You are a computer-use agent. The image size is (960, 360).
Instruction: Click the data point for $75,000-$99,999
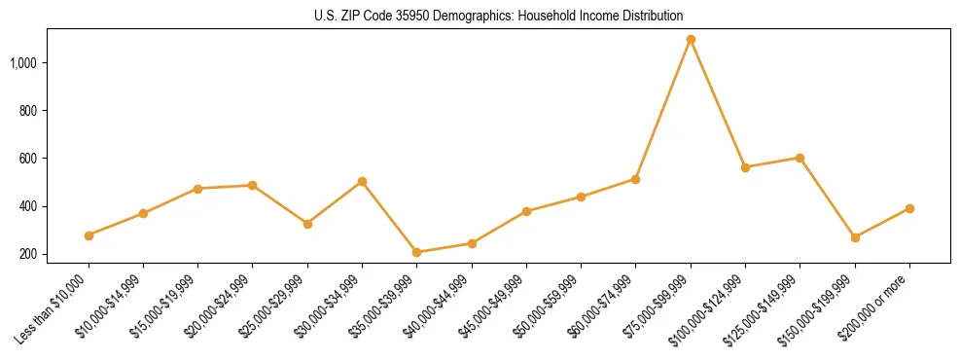[x=691, y=40]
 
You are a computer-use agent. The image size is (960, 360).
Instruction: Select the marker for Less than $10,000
[x=89, y=235]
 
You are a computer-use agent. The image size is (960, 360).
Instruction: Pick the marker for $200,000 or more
[x=909, y=208]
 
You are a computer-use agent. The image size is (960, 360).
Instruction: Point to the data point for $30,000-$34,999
[x=363, y=181]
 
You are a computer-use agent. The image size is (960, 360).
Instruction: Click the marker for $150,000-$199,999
[x=855, y=237]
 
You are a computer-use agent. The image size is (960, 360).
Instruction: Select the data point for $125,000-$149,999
[x=800, y=158]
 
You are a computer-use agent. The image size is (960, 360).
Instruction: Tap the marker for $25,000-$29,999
[x=308, y=224]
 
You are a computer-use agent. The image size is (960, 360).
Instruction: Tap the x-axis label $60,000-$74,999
[x=606, y=305]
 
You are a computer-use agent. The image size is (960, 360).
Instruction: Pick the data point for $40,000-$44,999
[x=472, y=243]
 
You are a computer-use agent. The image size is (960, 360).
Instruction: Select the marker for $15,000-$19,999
[x=198, y=189]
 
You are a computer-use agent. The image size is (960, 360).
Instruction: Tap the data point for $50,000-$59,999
[x=581, y=197]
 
